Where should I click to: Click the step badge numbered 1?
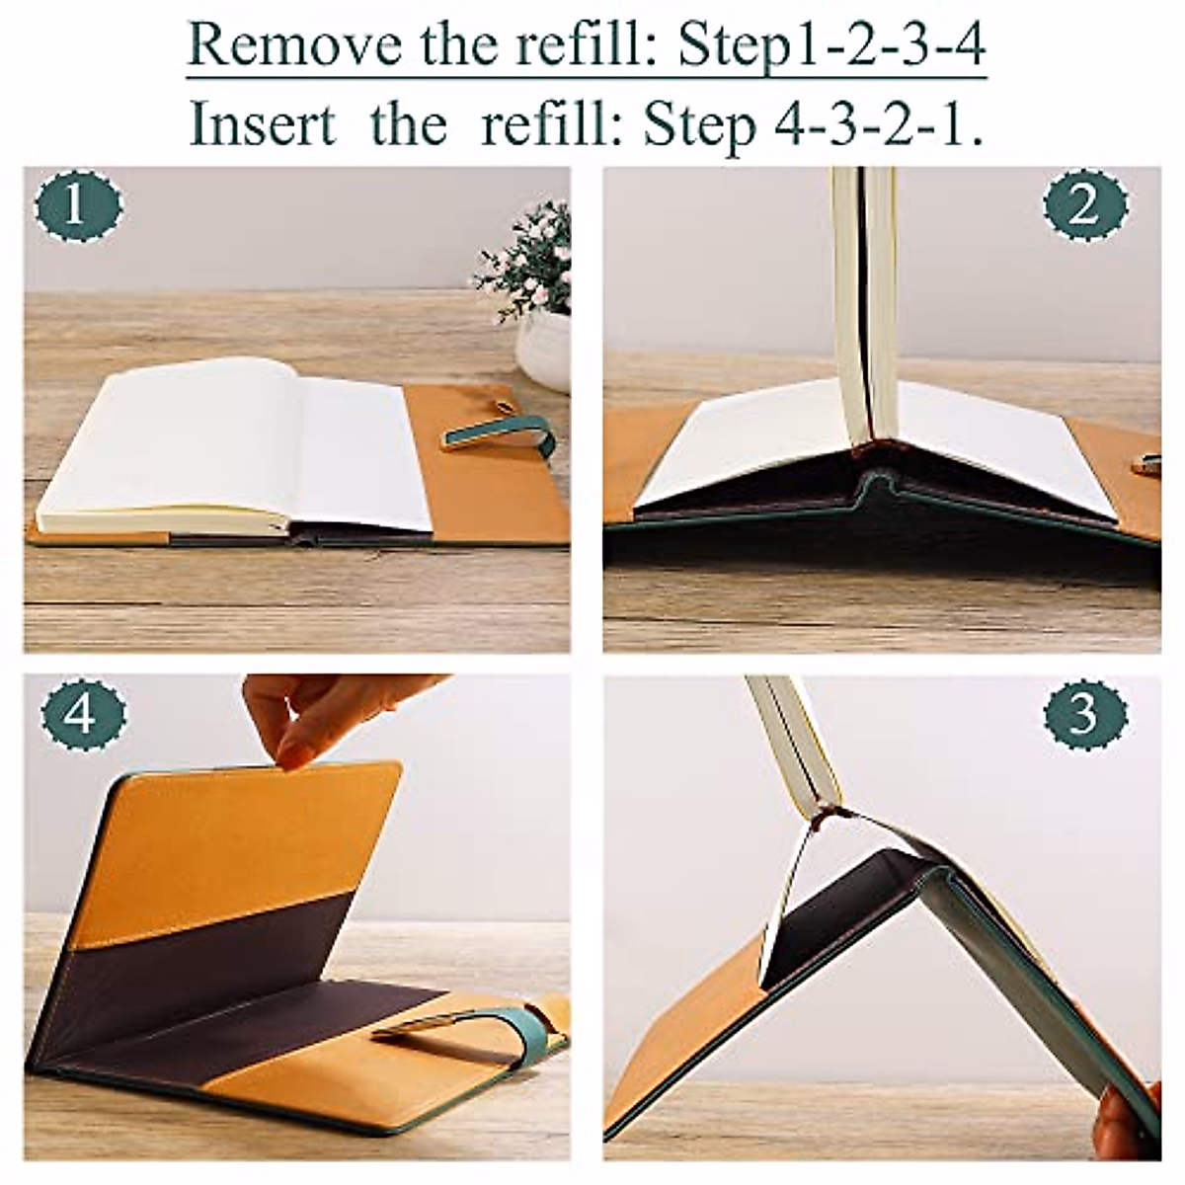pyautogui.click(x=78, y=206)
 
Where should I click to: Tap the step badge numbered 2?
pyautogui.click(x=1085, y=206)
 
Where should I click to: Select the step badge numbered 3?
pyautogui.click(x=1085, y=713)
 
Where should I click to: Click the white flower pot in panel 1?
pyautogui.click(x=544, y=349)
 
